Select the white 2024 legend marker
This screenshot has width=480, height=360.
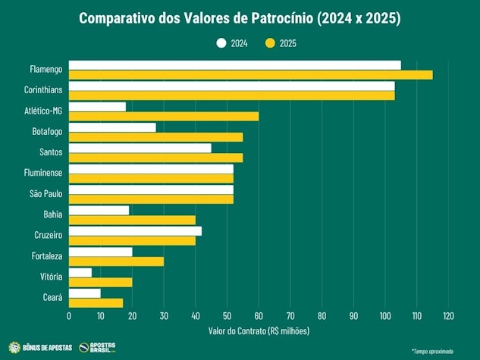pyautogui.click(x=221, y=43)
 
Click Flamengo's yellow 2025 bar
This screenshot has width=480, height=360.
pyautogui.click(x=250, y=74)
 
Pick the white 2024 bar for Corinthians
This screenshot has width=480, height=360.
pyautogui.click(x=231, y=86)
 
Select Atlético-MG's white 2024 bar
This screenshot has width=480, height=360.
pyautogui.click(x=97, y=107)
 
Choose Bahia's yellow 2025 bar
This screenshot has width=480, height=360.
pyautogui.click(x=132, y=220)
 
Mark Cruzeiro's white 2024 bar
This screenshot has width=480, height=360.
pyautogui.click(x=135, y=231)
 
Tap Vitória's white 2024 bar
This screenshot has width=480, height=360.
pyautogui.click(x=80, y=272)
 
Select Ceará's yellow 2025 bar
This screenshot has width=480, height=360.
pyautogui.click(x=96, y=303)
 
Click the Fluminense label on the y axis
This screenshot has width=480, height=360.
pyautogui.click(x=45, y=173)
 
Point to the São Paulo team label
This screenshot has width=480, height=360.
pyautogui.click(x=47, y=194)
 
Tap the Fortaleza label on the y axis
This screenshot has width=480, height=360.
pyautogui.click(x=47, y=256)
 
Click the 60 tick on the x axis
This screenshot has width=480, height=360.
pyautogui.click(x=259, y=315)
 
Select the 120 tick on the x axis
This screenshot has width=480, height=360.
pyautogui.click(x=448, y=315)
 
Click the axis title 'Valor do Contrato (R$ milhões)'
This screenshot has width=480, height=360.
pyautogui.click(x=259, y=330)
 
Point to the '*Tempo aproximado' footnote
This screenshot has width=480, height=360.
pyautogui.click(x=432, y=351)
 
